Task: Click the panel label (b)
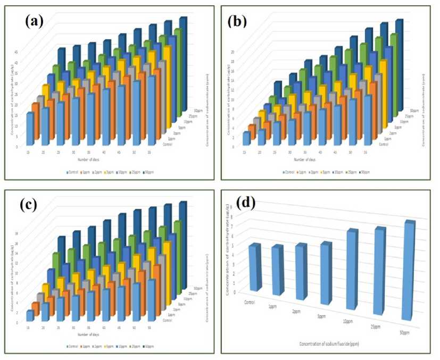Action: (238, 21)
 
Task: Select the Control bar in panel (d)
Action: (254, 267)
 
